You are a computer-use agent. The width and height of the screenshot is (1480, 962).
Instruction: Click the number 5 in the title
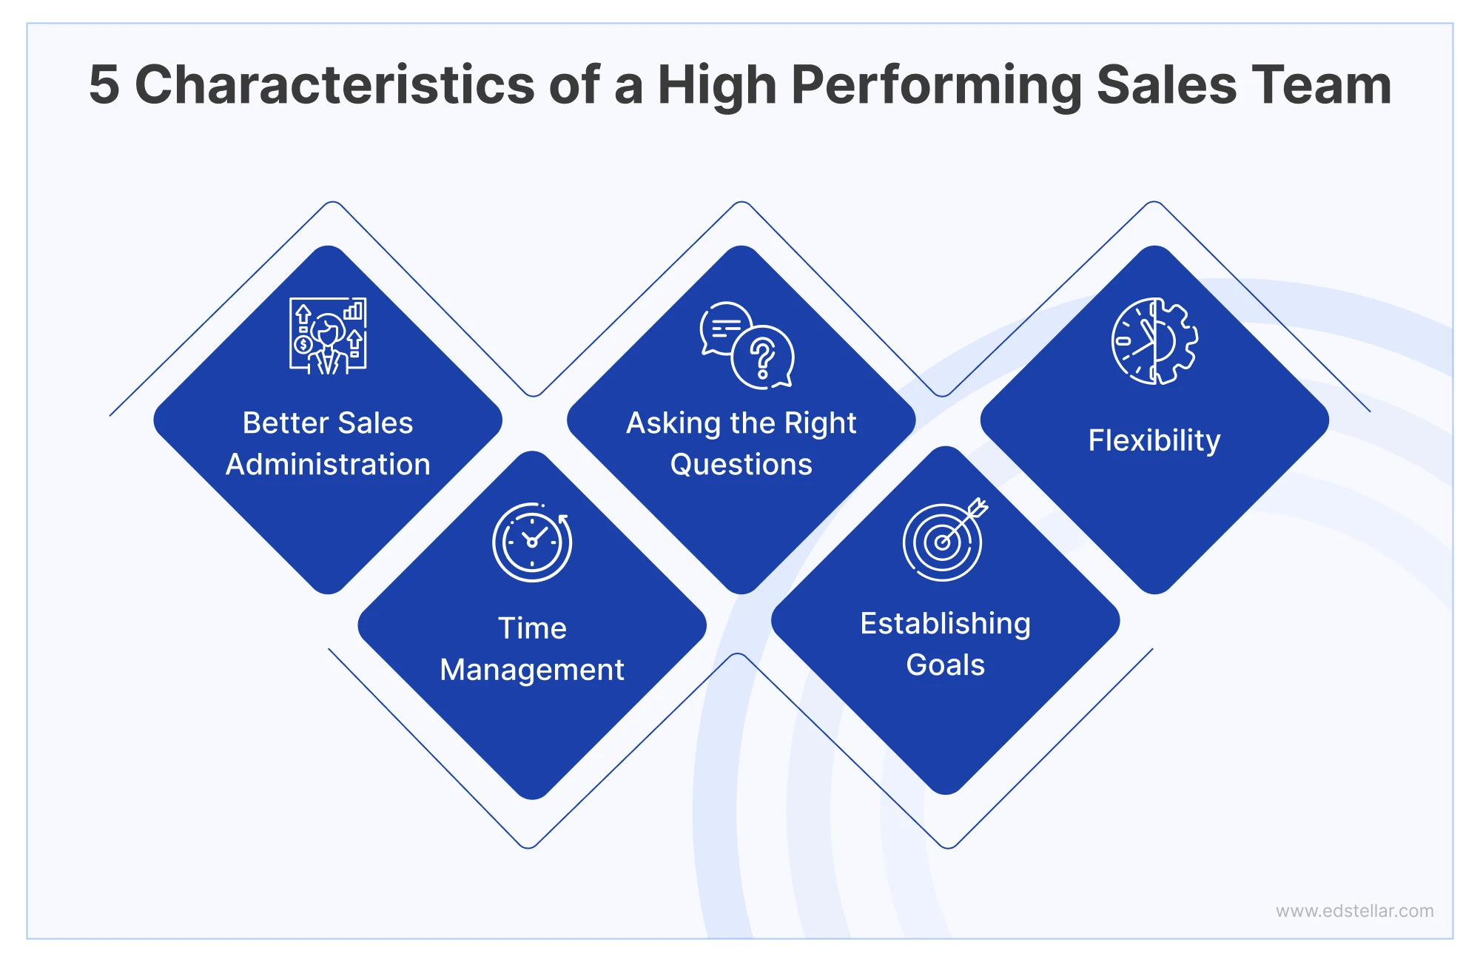[104, 84]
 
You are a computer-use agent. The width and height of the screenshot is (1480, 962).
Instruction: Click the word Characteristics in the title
[334, 84]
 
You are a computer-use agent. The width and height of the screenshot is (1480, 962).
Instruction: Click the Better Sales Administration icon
[328, 336]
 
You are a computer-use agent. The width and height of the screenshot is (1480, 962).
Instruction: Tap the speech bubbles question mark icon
[747, 345]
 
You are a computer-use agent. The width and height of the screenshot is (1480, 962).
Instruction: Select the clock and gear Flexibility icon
[1154, 341]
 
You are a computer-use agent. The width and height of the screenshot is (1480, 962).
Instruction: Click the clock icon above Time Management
[532, 542]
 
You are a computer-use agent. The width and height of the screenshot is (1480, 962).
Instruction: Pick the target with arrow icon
[945, 539]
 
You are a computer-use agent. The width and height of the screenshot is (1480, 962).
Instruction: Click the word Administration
[328, 465]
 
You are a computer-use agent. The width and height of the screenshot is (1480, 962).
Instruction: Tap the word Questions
[741, 465]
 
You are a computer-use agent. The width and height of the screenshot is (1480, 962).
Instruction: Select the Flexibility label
[1154, 440]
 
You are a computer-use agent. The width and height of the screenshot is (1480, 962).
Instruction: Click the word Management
[532, 670]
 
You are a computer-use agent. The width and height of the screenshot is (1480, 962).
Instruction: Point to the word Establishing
[945, 624]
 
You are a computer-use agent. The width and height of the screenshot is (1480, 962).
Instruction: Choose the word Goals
[945, 665]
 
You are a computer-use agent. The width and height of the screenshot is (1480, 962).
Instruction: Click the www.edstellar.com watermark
[1354, 911]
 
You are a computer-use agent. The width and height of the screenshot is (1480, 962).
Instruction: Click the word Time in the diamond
[532, 628]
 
